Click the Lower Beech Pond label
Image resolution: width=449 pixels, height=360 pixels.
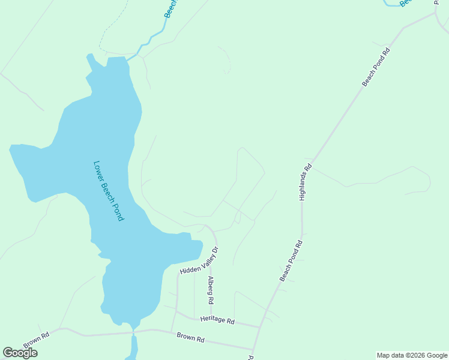pyautogui.click(x=109, y=191)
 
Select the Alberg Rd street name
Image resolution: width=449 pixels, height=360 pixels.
pyautogui.click(x=210, y=290)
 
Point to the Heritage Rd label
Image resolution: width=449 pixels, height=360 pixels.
pyautogui.click(x=217, y=320)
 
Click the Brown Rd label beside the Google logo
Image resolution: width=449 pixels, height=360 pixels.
pyautogui.click(x=36, y=340)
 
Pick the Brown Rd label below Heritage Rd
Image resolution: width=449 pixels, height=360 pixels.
pyautogui.click(x=191, y=338)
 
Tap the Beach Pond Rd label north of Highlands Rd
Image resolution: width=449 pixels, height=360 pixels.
pyautogui.click(x=376, y=67)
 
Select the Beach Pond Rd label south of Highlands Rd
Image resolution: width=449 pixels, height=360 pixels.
pyautogui.click(x=292, y=260)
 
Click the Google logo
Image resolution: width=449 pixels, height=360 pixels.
pyautogui.click(x=20, y=353)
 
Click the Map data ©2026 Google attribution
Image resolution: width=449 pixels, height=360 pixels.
pyautogui.click(x=412, y=355)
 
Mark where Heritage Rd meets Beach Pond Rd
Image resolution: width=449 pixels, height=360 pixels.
pyautogui.click(x=259, y=327)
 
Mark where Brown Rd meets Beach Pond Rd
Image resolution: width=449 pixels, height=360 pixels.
pyautogui.click(x=253, y=349)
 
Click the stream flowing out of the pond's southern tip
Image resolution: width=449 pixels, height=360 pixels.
pyautogui.click(x=133, y=345)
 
